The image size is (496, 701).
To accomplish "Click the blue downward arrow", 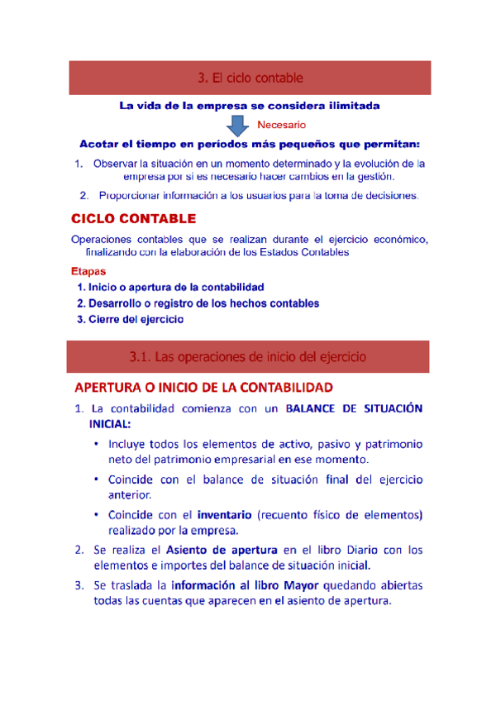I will click(238, 124).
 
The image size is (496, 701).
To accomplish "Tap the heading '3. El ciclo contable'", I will click(250, 78).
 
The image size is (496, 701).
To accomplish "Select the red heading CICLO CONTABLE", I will click(133, 219).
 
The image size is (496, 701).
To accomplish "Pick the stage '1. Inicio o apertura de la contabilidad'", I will click(169, 287).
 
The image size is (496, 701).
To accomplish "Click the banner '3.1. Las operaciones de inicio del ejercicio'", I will click(249, 357).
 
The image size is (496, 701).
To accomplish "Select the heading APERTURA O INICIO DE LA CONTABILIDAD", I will click(203, 387).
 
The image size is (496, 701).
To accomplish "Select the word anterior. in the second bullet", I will click(130, 494).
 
